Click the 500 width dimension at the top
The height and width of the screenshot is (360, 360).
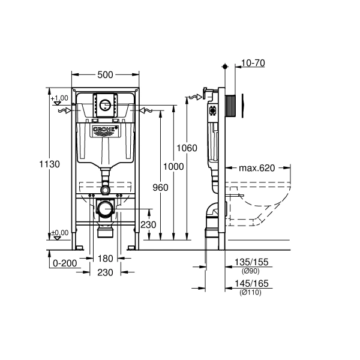click(x=106, y=74)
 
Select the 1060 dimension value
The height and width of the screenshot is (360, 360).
click(x=188, y=148)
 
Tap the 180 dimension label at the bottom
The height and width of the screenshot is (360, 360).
click(x=106, y=259)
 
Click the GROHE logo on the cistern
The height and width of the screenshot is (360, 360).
click(x=106, y=129)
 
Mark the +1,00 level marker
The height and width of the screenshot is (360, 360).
click(x=59, y=98)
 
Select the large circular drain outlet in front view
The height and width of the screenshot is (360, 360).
click(x=106, y=210)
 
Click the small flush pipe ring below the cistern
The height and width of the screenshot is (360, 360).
click(x=106, y=190)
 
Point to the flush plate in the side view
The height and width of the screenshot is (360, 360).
click(x=242, y=104)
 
